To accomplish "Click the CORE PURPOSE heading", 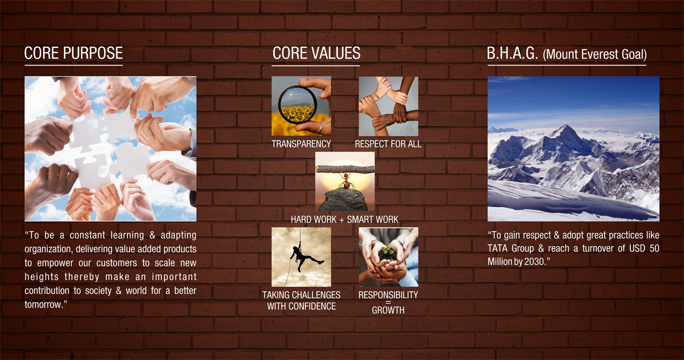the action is click(x=73, y=53).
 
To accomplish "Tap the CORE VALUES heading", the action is click(x=316, y=53).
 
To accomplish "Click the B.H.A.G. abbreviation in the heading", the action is click(x=512, y=53).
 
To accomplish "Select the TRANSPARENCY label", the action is click(x=302, y=144).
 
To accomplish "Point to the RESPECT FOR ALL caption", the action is click(x=388, y=144).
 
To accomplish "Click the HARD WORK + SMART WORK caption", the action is click(x=344, y=219).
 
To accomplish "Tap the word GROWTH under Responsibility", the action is click(x=388, y=310).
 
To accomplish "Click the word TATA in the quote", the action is click(x=498, y=248).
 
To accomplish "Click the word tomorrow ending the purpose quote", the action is click(x=42, y=305).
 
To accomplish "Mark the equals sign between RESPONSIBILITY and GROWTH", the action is click(x=388, y=302).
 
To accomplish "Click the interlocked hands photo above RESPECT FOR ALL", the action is click(x=388, y=106).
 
